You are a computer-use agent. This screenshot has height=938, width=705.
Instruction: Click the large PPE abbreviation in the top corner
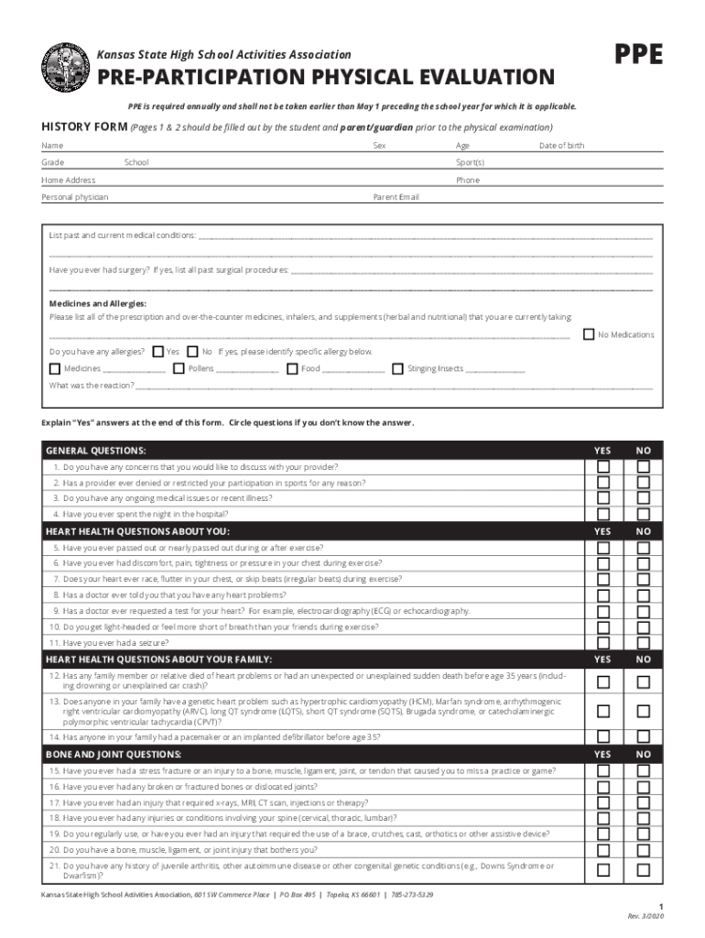(638, 56)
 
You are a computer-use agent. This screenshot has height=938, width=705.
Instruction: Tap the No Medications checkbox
(589, 334)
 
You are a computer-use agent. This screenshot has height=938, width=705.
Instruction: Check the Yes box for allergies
(158, 351)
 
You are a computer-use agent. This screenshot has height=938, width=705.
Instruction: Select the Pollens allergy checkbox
(180, 368)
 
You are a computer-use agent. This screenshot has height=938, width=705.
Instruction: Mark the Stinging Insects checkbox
(397, 368)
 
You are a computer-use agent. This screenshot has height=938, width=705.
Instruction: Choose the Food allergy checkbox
(291, 368)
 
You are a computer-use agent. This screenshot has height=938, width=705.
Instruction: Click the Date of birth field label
(561, 146)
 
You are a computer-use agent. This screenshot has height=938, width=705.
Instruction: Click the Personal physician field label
(74, 197)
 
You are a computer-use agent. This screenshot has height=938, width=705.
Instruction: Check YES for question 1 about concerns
(602, 467)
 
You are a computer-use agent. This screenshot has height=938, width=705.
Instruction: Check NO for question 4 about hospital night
(644, 515)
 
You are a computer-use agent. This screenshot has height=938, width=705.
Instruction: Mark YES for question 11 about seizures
(602, 643)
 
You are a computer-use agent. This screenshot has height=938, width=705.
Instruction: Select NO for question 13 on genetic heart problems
(644, 711)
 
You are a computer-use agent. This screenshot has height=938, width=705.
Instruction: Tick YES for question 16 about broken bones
(602, 787)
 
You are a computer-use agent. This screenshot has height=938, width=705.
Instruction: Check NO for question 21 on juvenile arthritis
(644, 869)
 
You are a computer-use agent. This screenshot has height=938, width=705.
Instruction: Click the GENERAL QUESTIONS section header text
(96, 451)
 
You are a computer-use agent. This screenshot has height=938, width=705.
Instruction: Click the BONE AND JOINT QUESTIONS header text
(114, 754)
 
